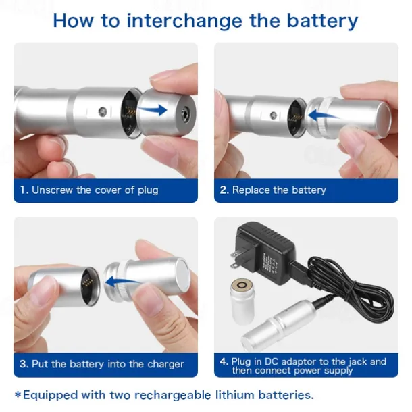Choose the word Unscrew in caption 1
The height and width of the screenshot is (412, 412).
(x=52, y=190)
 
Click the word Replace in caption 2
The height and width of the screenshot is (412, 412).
(x=253, y=190)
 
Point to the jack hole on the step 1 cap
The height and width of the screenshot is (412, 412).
(x=182, y=109)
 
